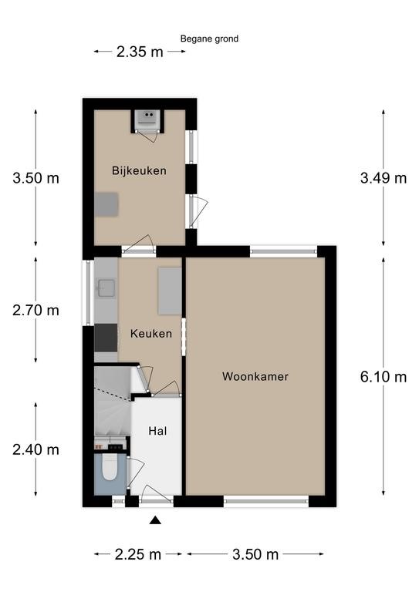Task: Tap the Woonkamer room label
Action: click(255, 377)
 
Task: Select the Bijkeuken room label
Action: click(139, 170)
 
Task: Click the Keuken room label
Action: click(150, 334)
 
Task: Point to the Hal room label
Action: click(157, 431)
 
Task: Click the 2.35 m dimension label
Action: click(140, 52)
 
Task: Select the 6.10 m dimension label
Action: click(384, 377)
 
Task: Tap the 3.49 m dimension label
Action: click(384, 178)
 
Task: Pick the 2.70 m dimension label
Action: click(35, 311)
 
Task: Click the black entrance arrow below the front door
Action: click(155, 521)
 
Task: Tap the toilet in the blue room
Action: click(109, 469)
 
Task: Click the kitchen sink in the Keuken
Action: click(106, 288)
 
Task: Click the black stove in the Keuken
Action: click(105, 337)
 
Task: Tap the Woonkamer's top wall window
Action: click(284, 251)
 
